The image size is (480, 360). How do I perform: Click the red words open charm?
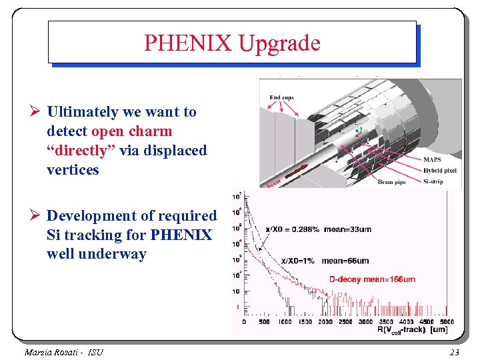pos(131,131)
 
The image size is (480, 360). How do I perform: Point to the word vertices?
pos(73,170)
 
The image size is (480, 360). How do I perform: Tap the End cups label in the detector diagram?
pos(281,97)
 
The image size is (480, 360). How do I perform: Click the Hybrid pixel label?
pos(441,171)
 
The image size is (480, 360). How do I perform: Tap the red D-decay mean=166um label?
pos(373,279)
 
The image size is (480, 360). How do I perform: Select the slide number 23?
pos(455,351)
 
